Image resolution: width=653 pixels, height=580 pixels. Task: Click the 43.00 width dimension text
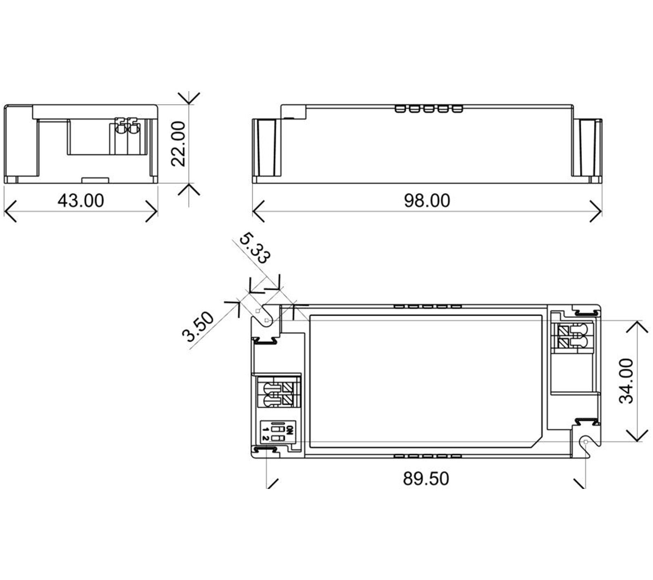[80, 201]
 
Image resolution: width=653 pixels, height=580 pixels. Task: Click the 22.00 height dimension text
[178, 143]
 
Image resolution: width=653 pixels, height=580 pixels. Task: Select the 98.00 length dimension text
[427, 201]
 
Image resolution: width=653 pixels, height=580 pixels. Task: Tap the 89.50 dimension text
[426, 479]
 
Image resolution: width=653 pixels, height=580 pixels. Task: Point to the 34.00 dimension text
[626, 381]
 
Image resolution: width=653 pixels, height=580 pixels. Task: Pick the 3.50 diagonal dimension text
[198, 327]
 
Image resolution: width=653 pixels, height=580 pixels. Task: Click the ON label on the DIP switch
[290, 430]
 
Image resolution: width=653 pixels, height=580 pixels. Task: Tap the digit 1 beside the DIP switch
[265, 429]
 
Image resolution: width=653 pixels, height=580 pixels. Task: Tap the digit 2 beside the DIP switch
[265, 438]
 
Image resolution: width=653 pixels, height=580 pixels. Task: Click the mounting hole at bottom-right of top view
[586, 442]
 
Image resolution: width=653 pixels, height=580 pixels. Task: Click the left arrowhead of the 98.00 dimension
[255, 211]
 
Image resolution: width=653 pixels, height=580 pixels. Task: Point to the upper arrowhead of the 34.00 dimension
[637, 323]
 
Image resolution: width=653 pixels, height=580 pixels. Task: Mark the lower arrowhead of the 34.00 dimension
[637, 439]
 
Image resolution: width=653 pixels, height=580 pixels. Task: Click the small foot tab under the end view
[95, 180]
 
